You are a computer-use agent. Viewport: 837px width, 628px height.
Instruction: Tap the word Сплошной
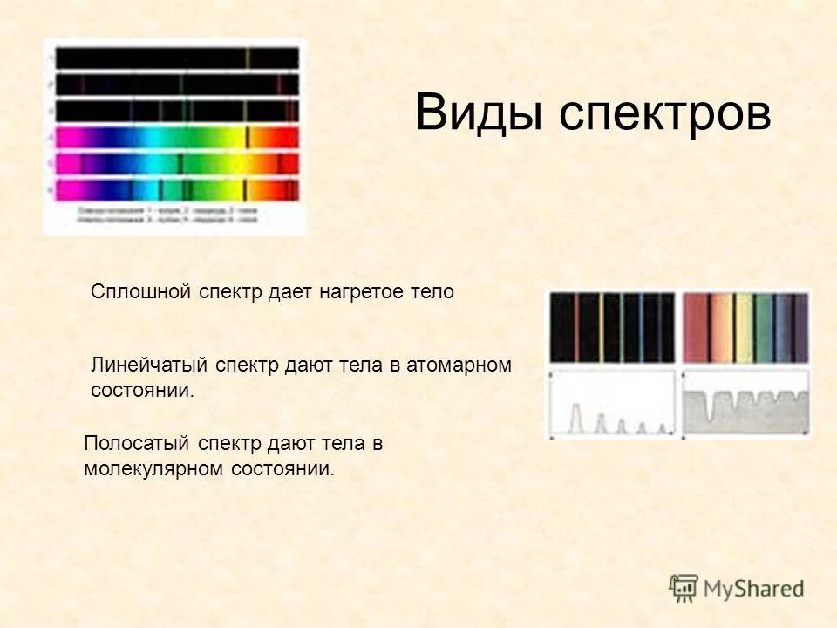(140, 292)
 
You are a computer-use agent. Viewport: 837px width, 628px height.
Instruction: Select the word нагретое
(360, 292)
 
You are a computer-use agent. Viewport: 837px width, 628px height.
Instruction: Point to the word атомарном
(463, 365)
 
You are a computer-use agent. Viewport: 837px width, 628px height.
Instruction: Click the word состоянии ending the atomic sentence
(139, 390)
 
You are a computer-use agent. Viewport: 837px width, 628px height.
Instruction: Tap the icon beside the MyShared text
(684, 587)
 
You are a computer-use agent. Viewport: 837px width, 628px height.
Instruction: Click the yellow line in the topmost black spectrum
(248, 58)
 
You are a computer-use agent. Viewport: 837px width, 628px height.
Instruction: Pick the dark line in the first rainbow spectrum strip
(248, 138)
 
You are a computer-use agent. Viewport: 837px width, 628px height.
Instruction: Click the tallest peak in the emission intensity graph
(575, 417)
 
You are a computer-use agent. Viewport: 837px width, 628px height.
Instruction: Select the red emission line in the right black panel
(576, 327)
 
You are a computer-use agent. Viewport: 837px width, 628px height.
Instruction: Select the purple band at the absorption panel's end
(800, 327)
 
